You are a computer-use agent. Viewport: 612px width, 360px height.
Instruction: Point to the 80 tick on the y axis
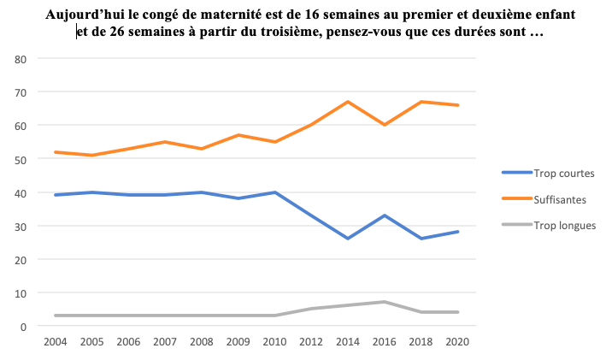(21, 59)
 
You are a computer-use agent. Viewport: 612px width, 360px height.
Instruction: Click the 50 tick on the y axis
(21, 160)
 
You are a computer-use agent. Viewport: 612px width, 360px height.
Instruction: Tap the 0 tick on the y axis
(24, 327)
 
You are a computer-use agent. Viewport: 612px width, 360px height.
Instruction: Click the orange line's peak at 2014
(347, 102)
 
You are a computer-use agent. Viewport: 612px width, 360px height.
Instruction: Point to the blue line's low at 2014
(347, 239)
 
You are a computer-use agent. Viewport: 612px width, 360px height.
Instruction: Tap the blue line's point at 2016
(384, 215)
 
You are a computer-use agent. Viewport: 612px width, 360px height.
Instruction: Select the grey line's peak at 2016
(384, 302)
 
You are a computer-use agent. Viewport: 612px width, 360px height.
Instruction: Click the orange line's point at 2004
(56, 152)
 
